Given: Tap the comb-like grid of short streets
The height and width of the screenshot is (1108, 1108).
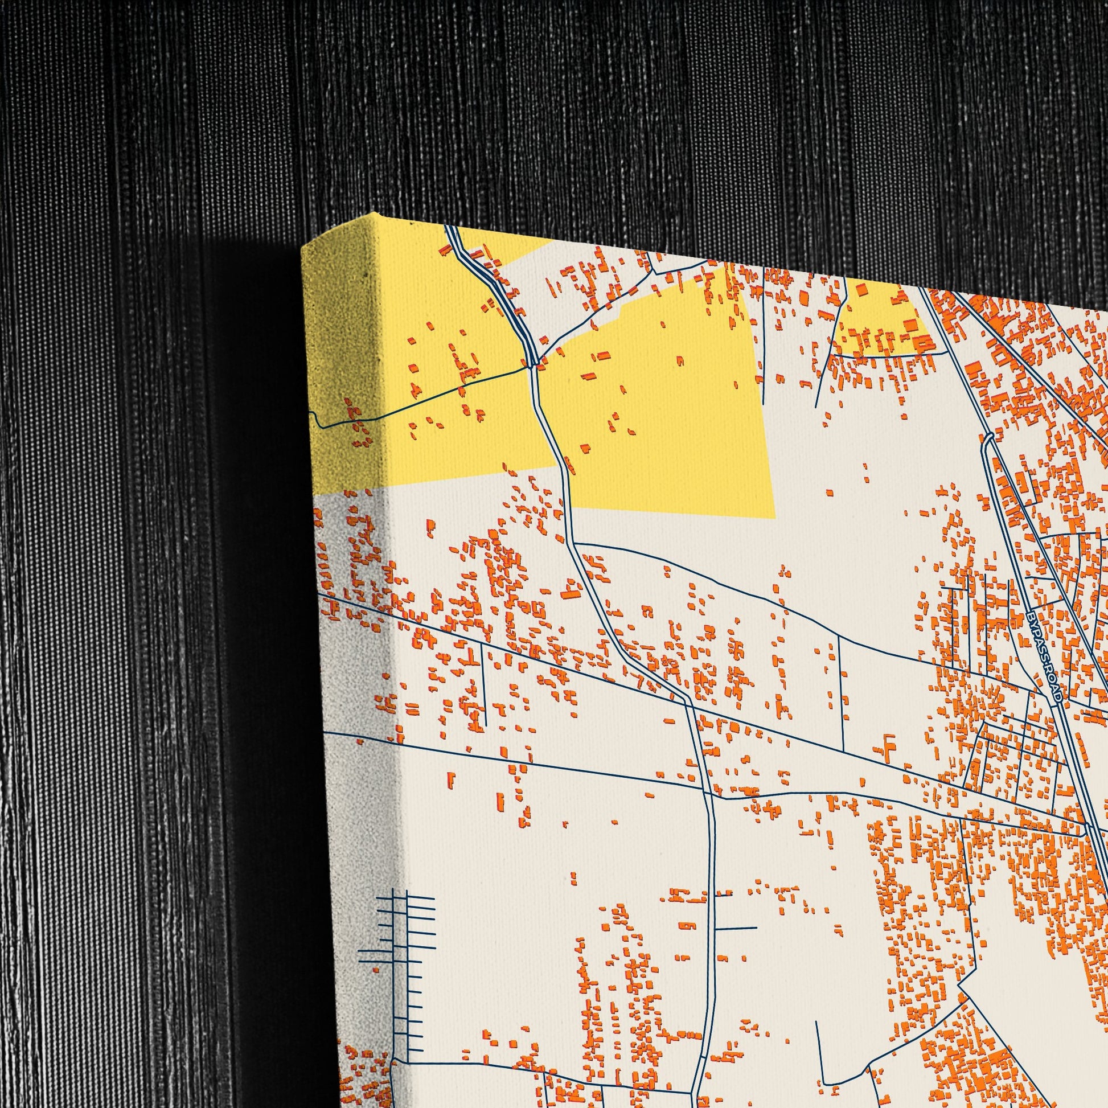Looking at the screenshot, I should point(401,941).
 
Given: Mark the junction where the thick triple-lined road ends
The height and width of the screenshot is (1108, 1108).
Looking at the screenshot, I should point(532,362).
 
